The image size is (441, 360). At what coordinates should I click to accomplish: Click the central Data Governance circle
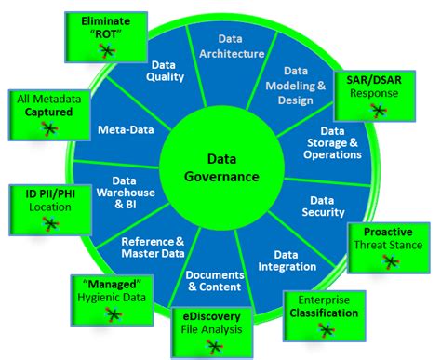[220, 168]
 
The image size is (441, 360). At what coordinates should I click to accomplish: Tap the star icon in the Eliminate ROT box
[108, 48]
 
